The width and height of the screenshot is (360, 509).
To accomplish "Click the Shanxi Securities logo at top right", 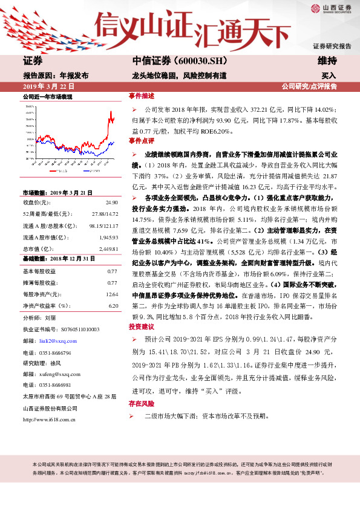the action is tap(332, 8).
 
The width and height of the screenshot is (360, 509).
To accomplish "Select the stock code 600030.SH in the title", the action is tap(201, 61).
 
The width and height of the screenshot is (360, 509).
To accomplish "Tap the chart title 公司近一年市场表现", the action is tap(47, 97).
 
